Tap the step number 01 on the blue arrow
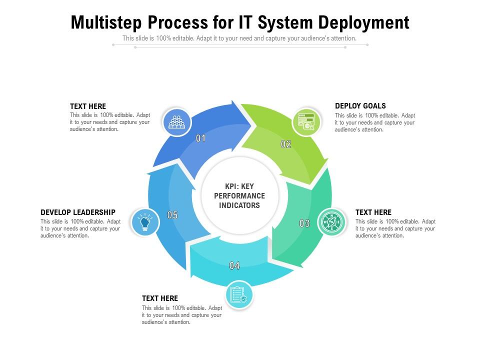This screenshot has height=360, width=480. pos(200,138)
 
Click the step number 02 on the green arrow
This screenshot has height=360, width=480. pos(285,144)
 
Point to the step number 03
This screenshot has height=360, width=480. pos(304,223)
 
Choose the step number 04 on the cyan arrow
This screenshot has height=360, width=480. pos(234,265)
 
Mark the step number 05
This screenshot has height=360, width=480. pos(172,215)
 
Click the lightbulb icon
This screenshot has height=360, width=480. pos(145,222)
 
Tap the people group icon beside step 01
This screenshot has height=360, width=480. pos(177,122)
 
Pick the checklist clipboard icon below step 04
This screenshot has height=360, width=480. pos(238,295)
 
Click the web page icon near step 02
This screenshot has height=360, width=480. pos(306,122)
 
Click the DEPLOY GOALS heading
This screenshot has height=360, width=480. pos(360,106)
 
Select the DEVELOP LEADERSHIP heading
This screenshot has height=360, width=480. pos(78,212)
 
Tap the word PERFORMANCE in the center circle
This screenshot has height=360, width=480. pos(239,195)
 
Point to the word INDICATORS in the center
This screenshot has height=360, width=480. pos(239,205)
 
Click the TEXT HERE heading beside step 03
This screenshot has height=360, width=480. pos(373,212)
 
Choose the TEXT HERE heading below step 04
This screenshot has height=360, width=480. pos(160,298)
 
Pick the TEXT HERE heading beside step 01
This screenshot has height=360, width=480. pos(88,106)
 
